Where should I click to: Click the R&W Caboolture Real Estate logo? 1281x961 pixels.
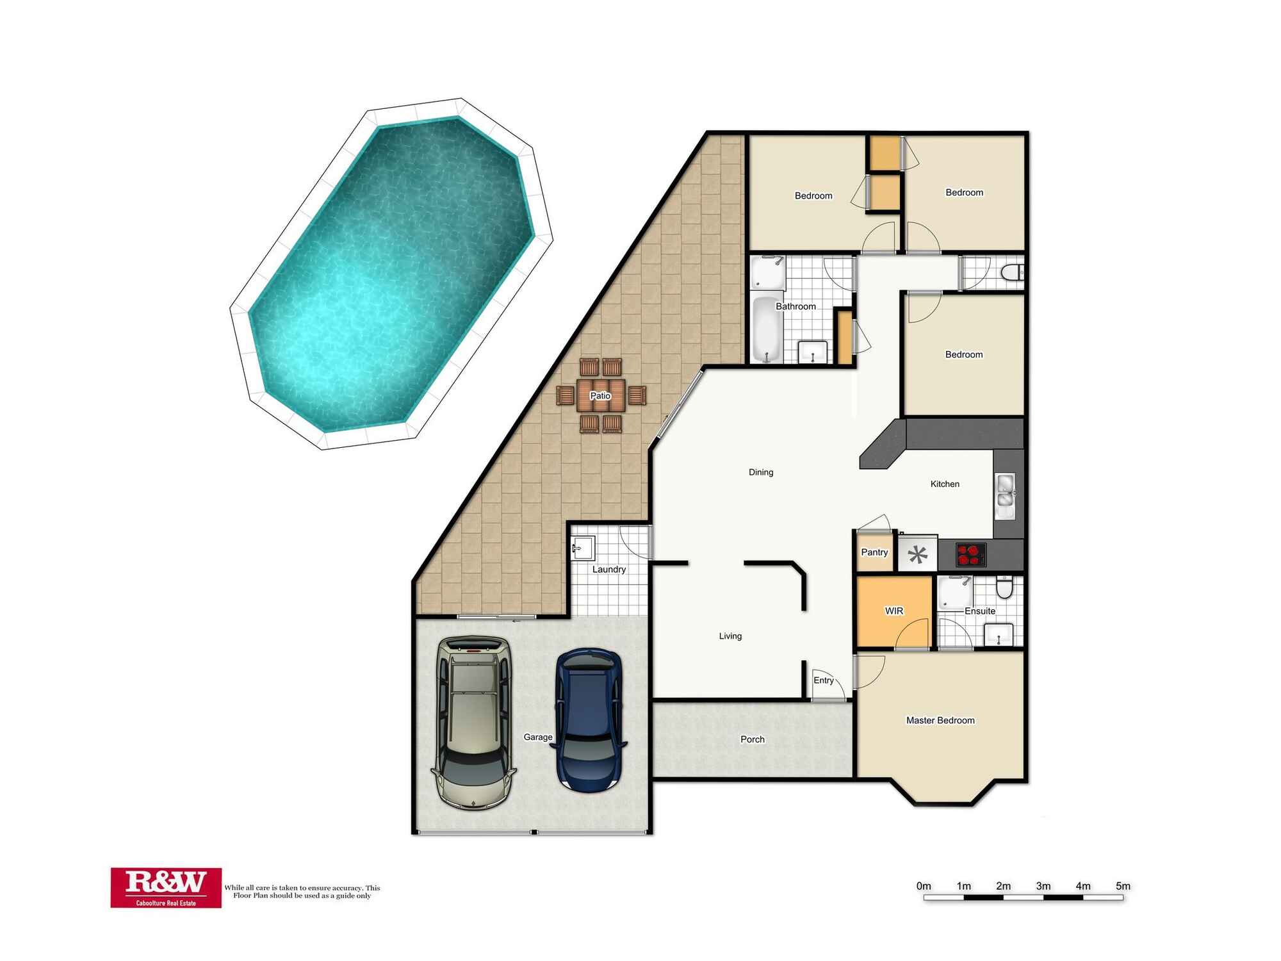(166, 887)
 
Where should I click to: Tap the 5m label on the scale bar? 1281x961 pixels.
(1123, 886)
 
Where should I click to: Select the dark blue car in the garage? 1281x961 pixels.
(589, 721)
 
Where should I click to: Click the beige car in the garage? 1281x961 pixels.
(475, 723)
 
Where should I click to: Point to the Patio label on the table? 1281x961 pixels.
(600, 396)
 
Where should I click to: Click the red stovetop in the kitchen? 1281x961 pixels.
(971, 555)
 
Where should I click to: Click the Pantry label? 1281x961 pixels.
(874, 552)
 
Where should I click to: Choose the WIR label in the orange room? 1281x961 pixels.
(894, 611)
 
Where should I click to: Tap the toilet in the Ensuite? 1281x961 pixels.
(1005, 587)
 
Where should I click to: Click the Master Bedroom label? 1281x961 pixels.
(940, 721)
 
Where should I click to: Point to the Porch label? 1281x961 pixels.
(753, 739)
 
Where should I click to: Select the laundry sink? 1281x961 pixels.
(583, 548)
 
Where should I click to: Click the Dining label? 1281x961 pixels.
(761, 472)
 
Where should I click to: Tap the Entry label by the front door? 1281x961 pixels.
(824, 680)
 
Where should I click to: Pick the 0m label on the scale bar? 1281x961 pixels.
(924, 886)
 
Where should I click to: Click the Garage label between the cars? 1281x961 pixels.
(538, 737)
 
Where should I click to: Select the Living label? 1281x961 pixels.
(730, 636)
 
